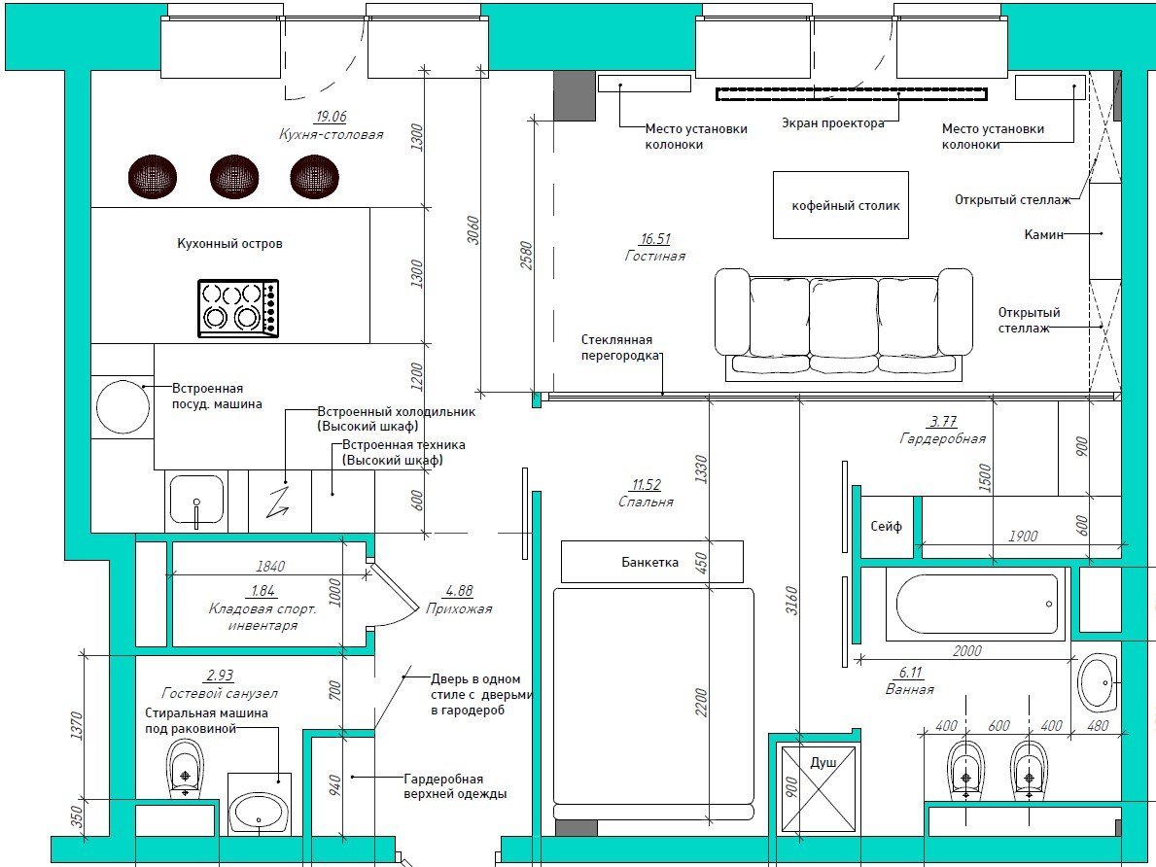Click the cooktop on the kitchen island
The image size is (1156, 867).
click(238, 308)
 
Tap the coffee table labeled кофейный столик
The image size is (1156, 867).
click(840, 205)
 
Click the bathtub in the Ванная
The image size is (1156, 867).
click(977, 604)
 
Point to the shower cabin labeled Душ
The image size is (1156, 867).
click(819, 789)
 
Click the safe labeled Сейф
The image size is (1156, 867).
click(886, 527)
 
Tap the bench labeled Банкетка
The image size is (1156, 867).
click(651, 562)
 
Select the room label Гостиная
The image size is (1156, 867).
click(654, 256)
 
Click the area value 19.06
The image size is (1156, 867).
click(331, 117)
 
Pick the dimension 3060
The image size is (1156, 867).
click(473, 230)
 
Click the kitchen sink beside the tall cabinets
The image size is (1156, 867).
click(196, 501)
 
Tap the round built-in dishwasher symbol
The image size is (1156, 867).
click(123, 407)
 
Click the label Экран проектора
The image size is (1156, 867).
click(833, 123)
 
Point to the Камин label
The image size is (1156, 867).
click(1043, 234)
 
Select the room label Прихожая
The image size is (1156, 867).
click(459, 609)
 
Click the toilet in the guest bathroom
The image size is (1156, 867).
click(185, 767)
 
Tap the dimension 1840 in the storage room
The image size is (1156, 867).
click(270, 567)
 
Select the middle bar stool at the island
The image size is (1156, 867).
click(234, 177)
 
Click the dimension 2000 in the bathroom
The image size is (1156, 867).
click(967, 650)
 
